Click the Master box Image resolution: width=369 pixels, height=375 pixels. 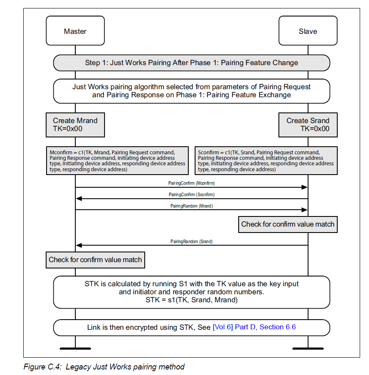click(x=75, y=30)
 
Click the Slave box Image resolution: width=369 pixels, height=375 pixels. click(x=308, y=30)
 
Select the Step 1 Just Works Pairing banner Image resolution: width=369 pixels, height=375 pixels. click(x=192, y=63)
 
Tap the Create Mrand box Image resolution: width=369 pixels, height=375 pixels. click(x=75, y=125)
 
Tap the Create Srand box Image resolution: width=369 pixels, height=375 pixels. click(x=308, y=125)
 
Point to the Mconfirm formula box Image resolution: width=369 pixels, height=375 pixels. click(x=117, y=161)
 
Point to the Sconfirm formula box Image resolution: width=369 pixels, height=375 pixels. click(x=266, y=161)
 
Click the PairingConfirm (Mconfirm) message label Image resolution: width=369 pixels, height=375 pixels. click(x=191, y=183)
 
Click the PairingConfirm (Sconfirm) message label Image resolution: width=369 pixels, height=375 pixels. click(x=192, y=194)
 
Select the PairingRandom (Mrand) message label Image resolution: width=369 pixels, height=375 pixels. click(x=192, y=206)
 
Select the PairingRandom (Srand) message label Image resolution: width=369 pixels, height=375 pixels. click(x=192, y=241)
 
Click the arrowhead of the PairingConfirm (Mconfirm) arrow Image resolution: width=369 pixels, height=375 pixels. click(x=305, y=187)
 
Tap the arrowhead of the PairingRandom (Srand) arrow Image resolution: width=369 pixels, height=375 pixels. click(x=79, y=245)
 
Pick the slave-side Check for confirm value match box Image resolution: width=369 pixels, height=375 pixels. click(x=288, y=224)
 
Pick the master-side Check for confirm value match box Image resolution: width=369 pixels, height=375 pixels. click(x=95, y=260)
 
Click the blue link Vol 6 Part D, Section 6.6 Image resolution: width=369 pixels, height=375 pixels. click(x=254, y=327)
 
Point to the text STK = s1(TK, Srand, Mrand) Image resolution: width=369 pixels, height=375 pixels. click(x=192, y=300)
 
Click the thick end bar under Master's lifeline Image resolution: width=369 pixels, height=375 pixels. click(x=75, y=349)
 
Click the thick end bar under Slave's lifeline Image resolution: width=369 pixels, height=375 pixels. click(x=308, y=349)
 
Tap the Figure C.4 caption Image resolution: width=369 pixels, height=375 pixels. click(x=104, y=367)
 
